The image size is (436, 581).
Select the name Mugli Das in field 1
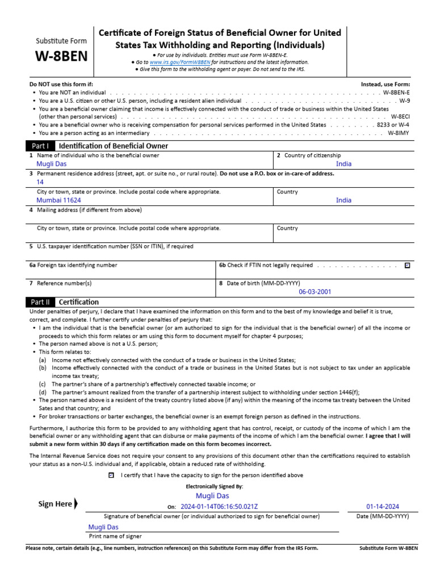pos(51,164)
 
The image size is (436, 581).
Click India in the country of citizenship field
pos(343,163)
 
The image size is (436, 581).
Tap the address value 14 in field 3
pos(40,182)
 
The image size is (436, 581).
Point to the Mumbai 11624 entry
pos(58,200)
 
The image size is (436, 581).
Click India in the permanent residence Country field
pos(343,200)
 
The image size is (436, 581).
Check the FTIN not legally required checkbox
pos(406,265)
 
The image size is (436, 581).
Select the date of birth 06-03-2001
pos(315,292)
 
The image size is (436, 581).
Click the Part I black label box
pos(40,146)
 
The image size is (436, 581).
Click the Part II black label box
pos(40,302)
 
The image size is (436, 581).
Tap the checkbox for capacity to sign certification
pos(111,475)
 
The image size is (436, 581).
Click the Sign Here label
pos(55,504)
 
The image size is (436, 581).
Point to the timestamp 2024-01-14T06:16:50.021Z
pos(219,507)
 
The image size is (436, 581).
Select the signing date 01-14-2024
pos(382,507)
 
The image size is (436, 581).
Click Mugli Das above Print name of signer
pos(103,527)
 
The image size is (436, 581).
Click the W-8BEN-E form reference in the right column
pos(396,92)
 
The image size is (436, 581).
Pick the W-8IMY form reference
pos(399,133)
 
